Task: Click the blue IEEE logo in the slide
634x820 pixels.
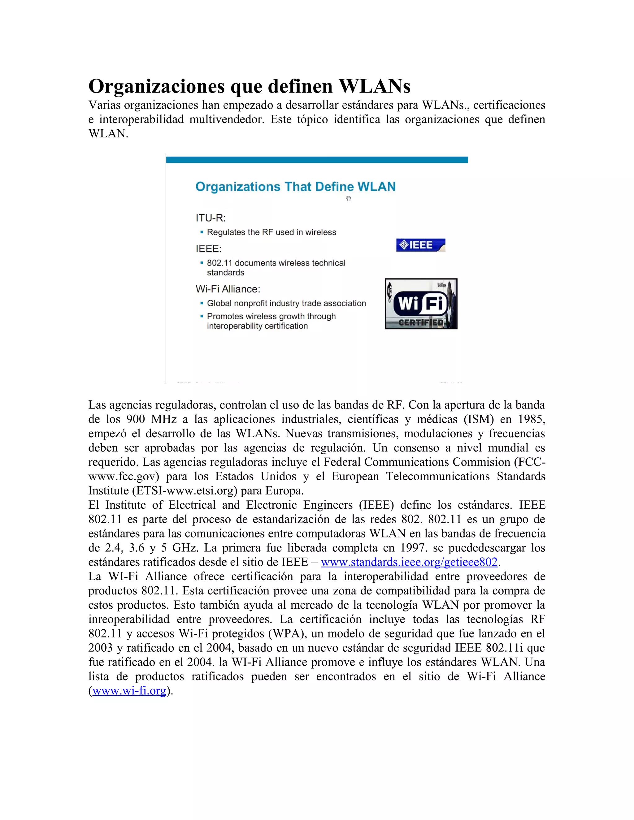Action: click(420, 245)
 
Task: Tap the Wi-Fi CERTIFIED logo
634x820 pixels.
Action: click(421, 304)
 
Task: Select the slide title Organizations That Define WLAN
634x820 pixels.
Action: click(295, 187)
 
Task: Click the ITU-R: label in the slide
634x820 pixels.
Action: click(210, 218)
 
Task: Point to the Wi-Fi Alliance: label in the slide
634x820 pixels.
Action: click(228, 289)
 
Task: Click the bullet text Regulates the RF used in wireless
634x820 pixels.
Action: click(271, 232)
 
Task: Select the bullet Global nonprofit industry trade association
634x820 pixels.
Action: click(286, 303)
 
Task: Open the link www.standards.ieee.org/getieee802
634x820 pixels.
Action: click(409, 562)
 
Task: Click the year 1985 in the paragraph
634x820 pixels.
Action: click(532, 419)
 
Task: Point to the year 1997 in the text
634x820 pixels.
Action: click(414, 548)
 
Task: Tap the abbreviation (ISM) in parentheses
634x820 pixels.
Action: click(479, 419)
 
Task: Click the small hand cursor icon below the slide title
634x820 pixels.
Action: click(348, 198)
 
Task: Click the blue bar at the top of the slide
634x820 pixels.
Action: click(317, 160)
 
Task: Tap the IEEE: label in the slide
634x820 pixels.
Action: click(208, 248)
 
